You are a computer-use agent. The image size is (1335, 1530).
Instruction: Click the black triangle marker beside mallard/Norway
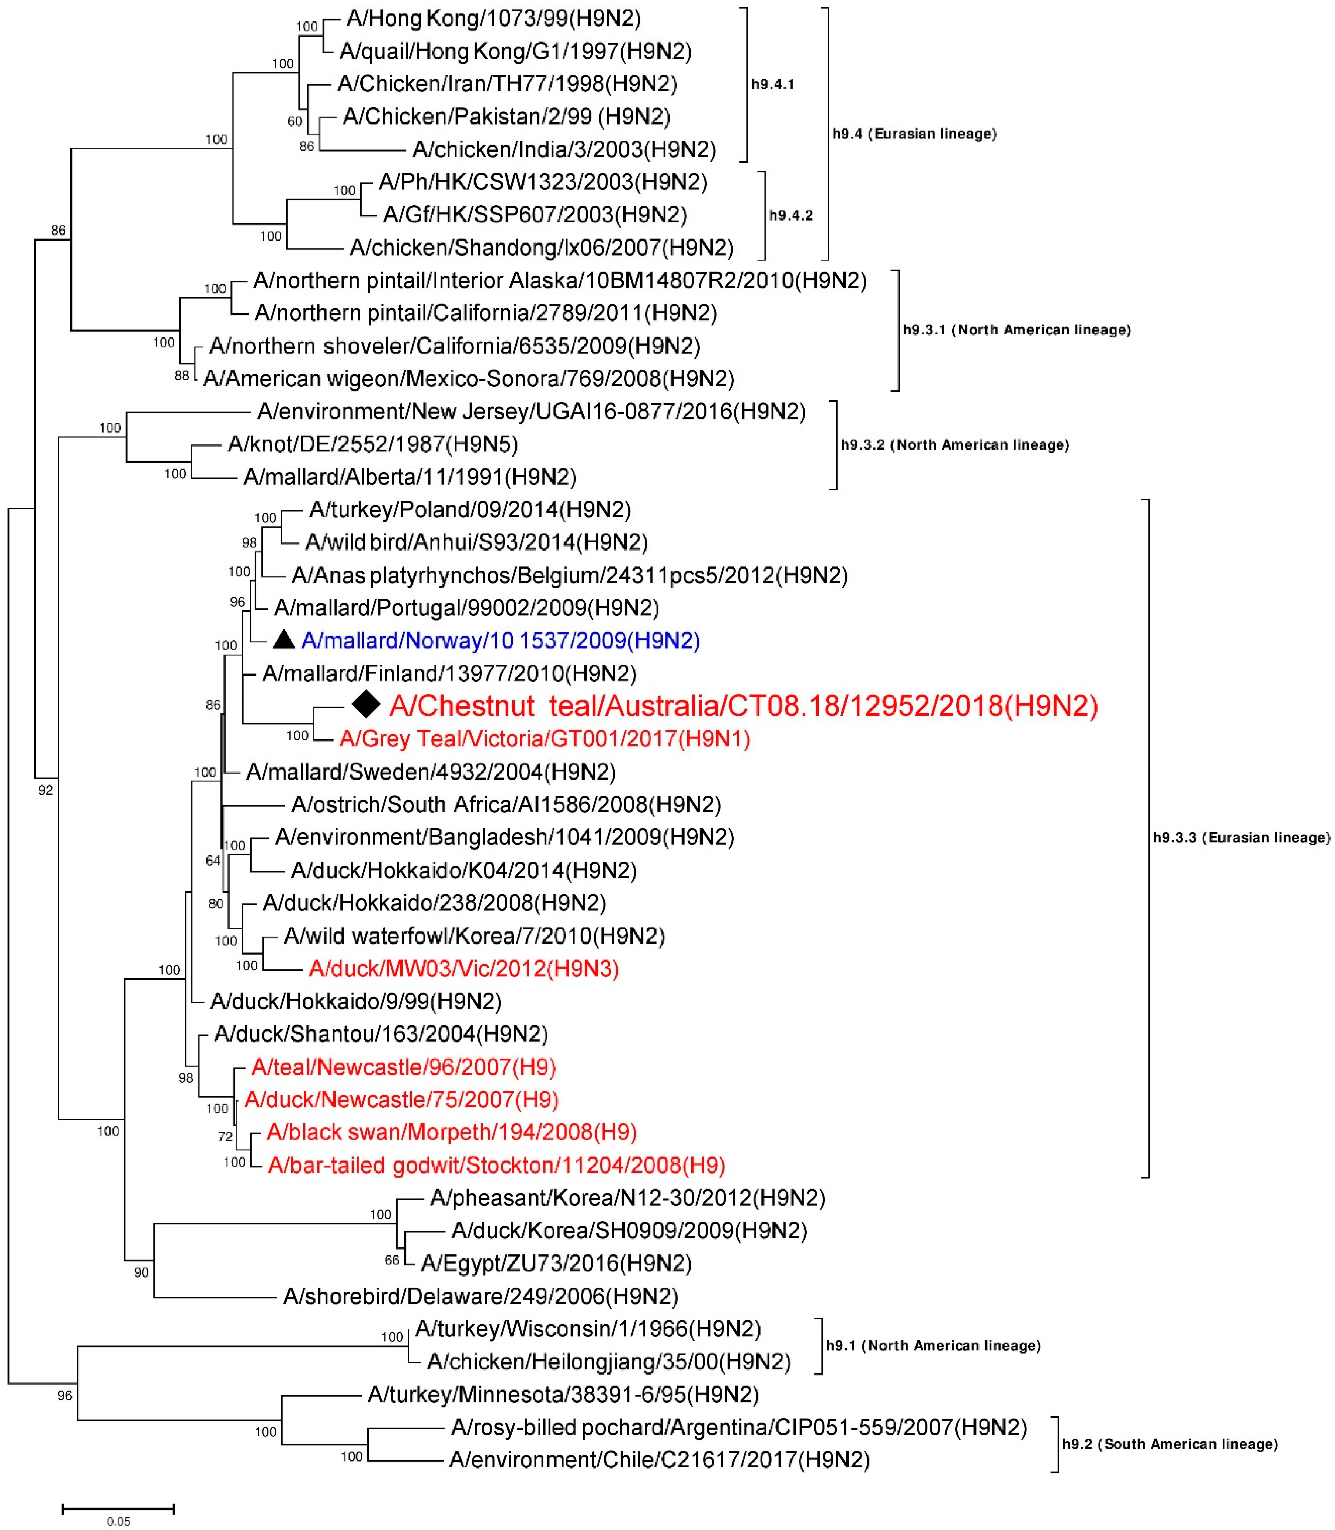(x=284, y=639)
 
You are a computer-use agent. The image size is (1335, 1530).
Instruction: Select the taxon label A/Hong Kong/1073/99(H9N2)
(x=493, y=18)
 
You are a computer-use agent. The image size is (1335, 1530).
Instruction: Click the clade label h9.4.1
(x=772, y=84)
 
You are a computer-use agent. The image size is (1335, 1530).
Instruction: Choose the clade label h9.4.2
(x=790, y=215)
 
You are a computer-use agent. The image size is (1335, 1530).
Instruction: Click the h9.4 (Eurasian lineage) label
(x=914, y=134)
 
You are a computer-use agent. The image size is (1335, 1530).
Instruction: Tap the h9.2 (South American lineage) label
(x=1170, y=1444)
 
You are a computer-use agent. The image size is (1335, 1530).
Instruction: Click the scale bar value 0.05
(x=118, y=1521)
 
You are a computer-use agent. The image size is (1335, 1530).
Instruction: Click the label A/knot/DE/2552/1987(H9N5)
(x=372, y=444)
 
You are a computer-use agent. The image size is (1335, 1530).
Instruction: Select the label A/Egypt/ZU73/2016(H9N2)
(x=556, y=1263)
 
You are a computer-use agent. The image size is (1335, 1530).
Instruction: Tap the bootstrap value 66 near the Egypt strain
(x=392, y=1260)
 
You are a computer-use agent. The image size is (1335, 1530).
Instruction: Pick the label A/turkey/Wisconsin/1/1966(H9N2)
(x=588, y=1329)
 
